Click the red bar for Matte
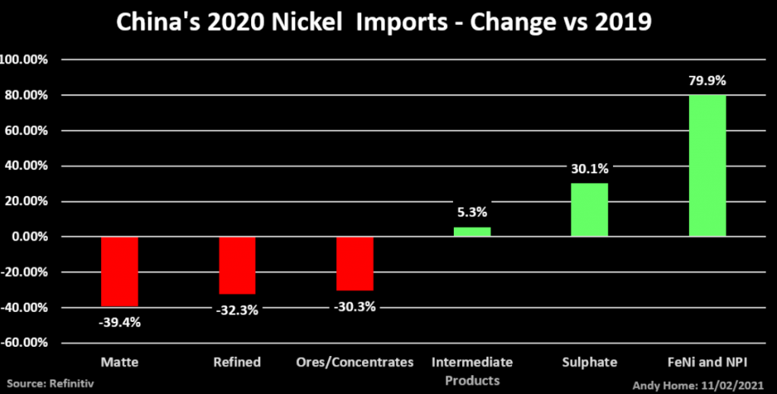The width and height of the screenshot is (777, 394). [x=119, y=271]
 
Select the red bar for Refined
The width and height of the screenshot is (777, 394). [x=237, y=265]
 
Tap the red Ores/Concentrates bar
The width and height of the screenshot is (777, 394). [x=354, y=263]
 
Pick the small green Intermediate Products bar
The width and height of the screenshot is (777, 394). [x=472, y=232]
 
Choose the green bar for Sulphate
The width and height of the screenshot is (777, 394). [x=590, y=210]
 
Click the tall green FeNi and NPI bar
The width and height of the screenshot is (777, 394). [x=707, y=165]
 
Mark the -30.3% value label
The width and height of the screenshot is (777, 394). [x=354, y=306]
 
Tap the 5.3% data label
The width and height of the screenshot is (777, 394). [x=472, y=213]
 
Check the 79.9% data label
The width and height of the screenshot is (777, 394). [x=707, y=80]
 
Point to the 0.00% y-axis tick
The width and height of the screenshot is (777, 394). [x=28, y=237]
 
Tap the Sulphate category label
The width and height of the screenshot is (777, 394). [x=590, y=362]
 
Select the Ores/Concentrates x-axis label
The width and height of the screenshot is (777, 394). [x=354, y=362]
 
